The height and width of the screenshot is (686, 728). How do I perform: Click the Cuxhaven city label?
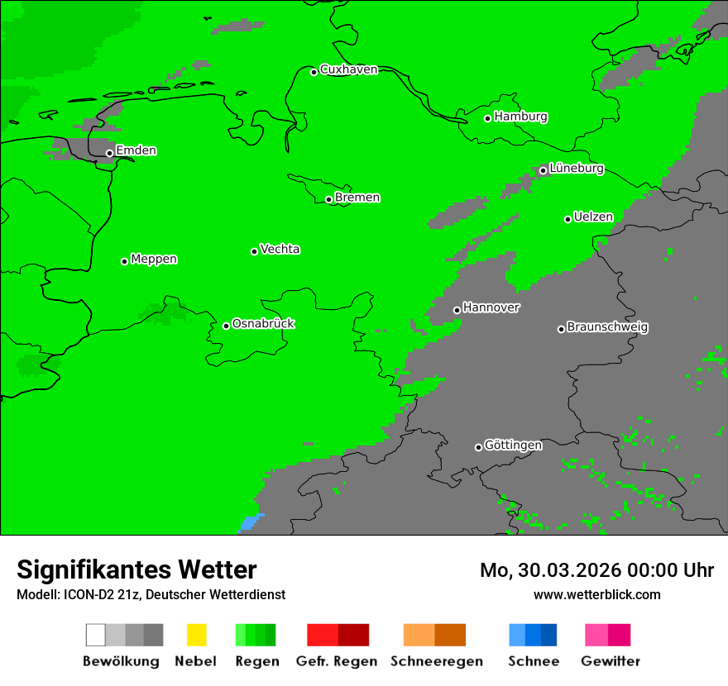[348, 69]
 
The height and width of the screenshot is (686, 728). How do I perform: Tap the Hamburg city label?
[520, 117]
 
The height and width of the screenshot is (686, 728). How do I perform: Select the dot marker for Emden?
[109, 153]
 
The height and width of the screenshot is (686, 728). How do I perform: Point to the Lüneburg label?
[576, 169]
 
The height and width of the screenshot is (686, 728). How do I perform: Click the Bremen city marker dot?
[328, 199]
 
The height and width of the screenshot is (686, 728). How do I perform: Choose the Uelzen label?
[593, 217]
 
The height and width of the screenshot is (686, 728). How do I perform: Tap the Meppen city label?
[154, 260]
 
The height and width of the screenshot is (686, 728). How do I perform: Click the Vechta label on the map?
[280, 250]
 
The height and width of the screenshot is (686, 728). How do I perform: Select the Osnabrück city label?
[263, 324]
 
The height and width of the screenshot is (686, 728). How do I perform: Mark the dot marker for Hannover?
[457, 310]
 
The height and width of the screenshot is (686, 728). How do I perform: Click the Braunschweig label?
[607, 327]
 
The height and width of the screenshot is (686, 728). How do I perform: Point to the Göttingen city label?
[513, 445]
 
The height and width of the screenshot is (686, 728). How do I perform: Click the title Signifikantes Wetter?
[136, 570]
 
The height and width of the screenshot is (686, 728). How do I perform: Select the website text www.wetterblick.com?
[596, 594]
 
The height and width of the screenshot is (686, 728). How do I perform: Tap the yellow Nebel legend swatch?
[196, 635]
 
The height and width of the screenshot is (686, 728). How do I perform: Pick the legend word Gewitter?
[610, 661]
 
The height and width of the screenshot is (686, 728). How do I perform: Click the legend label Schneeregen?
[436, 661]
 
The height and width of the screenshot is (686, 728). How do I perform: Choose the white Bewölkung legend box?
[95, 635]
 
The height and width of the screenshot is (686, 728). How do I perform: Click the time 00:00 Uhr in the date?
[671, 570]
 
